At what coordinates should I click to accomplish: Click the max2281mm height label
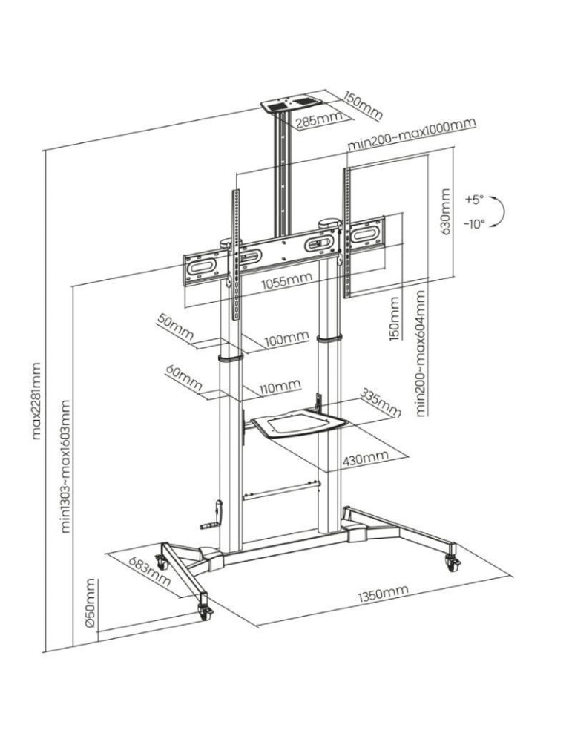coord(36,400)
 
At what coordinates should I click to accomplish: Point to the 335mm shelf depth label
coord(380,401)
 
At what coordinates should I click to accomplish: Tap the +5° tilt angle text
coord(473,200)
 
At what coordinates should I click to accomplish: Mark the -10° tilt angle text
coord(474,223)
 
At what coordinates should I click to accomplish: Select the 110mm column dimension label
coord(280,387)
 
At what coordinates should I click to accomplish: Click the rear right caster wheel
coord(451,562)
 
